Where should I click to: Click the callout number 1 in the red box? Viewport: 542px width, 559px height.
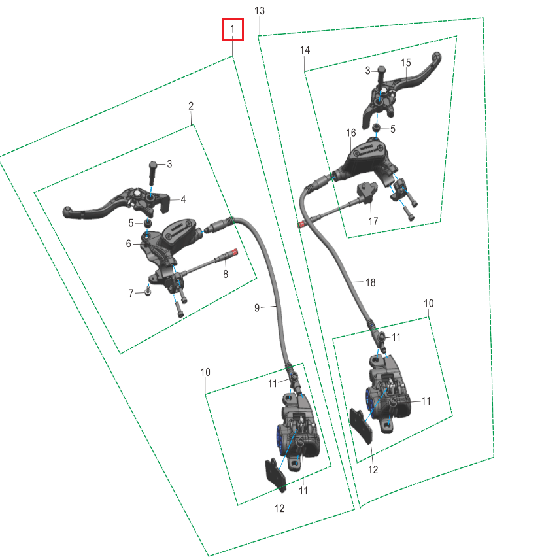click(x=233, y=29)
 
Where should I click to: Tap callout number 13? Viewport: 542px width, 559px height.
click(x=260, y=11)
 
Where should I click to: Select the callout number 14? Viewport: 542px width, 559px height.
click(x=305, y=50)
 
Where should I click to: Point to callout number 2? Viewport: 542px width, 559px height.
click(x=191, y=106)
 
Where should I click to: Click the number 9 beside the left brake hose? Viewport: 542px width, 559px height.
click(x=257, y=308)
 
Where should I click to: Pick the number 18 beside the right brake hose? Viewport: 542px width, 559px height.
click(x=371, y=282)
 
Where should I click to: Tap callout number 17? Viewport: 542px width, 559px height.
click(x=373, y=222)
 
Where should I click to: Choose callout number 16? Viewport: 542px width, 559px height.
click(x=351, y=133)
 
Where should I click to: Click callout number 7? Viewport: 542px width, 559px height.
click(x=131, y=294)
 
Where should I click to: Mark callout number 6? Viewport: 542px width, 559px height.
click(x=128, y=244)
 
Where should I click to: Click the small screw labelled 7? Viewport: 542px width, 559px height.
click(x=148, y=291)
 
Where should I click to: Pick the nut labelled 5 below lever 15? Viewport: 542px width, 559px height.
click(x=376, y=127)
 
